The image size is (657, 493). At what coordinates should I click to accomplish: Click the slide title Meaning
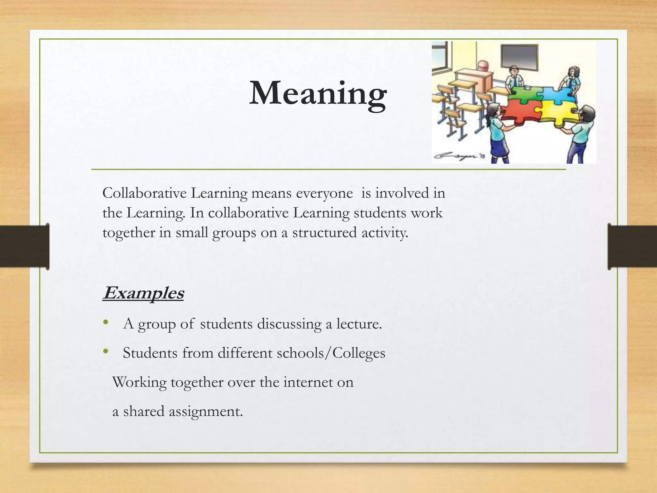(318, 93)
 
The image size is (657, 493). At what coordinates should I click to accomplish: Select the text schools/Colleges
(331, 353)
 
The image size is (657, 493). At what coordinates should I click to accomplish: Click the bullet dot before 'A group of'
(106, 322)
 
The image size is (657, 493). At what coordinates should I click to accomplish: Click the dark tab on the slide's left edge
(24, 246)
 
